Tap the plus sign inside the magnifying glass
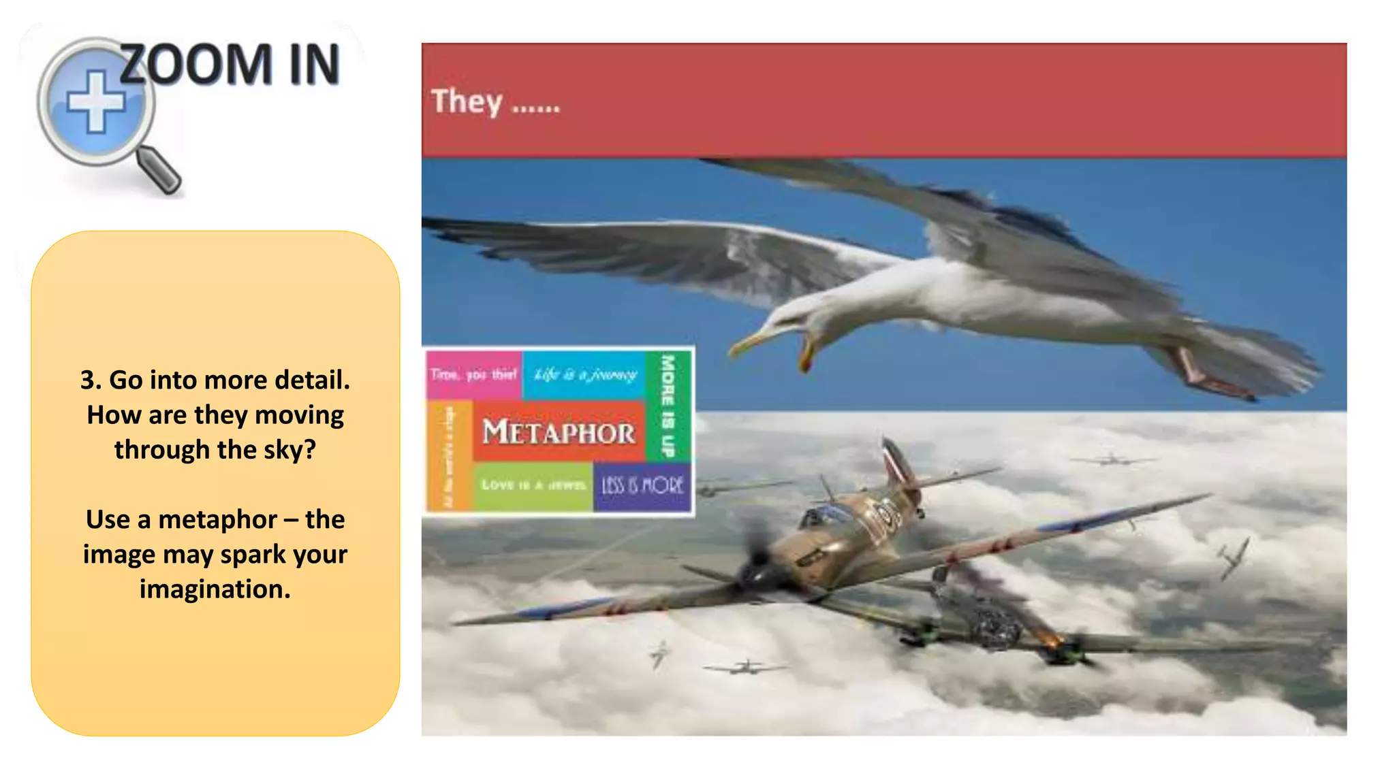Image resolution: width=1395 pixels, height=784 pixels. tap(96, 102)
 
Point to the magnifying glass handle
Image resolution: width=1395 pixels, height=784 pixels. tap(159, 169)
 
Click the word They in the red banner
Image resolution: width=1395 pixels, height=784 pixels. tap(467, 102)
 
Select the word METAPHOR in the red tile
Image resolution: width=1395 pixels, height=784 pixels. tap(559, 433)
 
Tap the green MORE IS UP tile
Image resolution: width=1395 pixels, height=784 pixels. tap(668, 406)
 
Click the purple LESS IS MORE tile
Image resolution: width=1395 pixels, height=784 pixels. tap(642, 486)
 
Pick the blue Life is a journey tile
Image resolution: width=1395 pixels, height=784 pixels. tap(584, 374)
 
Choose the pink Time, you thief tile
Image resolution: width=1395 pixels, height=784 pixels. tap(474, 374)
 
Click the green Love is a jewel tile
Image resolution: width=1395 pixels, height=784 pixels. tap(533, 486)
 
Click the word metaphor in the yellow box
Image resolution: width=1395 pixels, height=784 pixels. tap(217, 520)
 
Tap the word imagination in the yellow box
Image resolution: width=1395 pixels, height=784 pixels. tap(215, 589)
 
